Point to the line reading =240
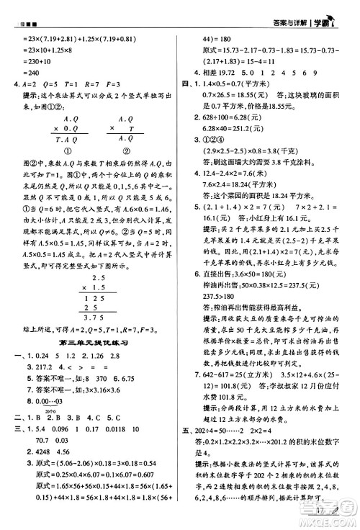pyautogui.click(x=30, y=73)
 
